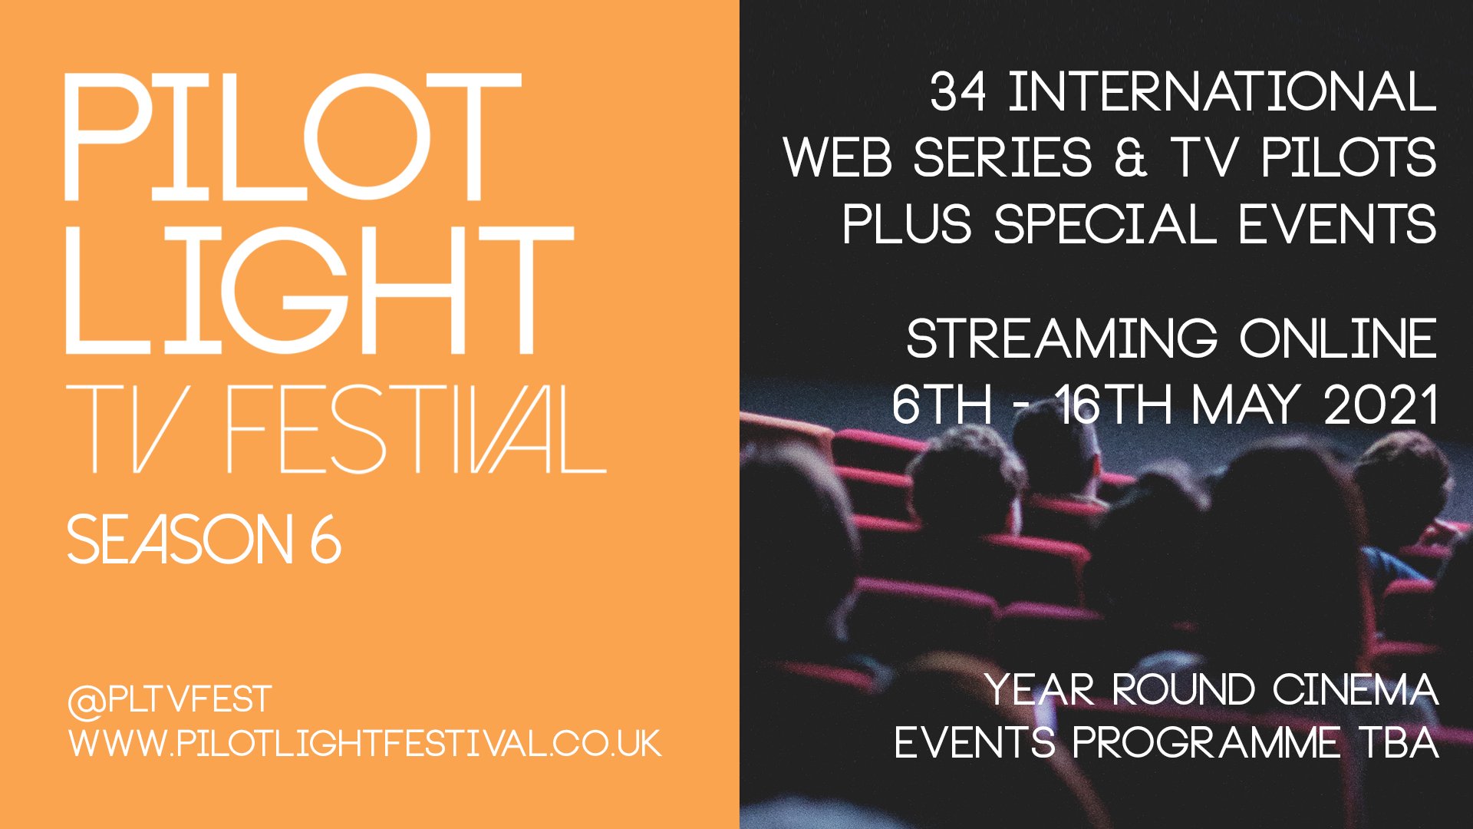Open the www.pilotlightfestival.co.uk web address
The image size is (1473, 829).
pyautogui.click(x=364, y=744)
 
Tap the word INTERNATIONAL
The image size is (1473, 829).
pyautogui.click(x=1221, y=92)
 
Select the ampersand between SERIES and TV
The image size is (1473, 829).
pyautogui.click(x=1131, y=158)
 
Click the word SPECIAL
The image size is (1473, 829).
pyautogui.click(x=1105, y=224)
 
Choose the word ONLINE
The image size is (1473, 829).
pyautogui.click(x=1338, y=339)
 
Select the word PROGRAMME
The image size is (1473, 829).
pyautogui.click(x=1206, y=742)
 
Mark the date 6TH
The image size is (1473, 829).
pyautogui.click(x=941, y=405)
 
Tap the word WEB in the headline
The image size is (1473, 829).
pyautogui.click(x=838, y=158)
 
